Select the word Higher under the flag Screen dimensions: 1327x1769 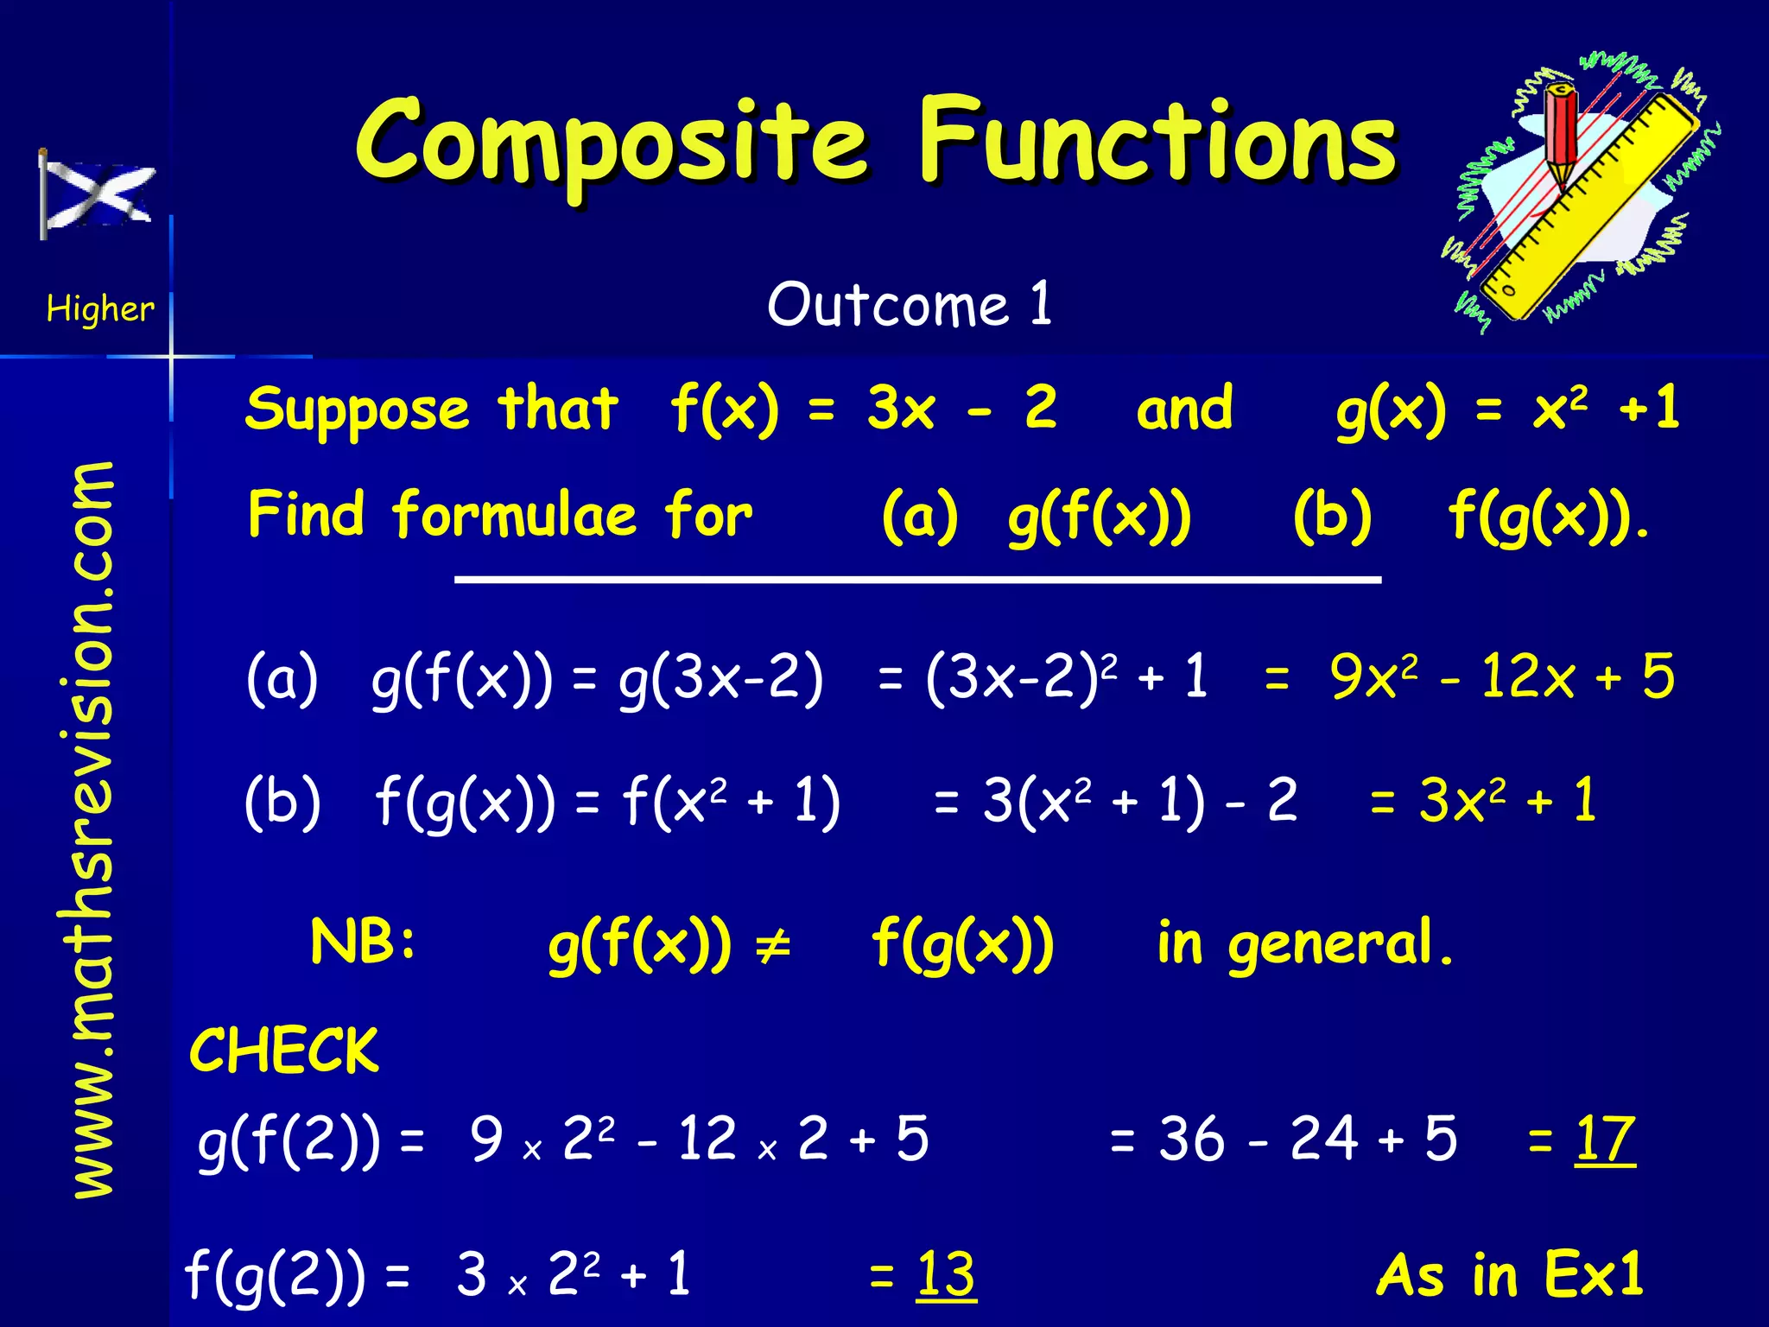click(x=100, y=308)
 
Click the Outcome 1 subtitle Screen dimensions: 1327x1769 click(x=910, y=304)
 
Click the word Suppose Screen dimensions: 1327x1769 click(x=357, y=409)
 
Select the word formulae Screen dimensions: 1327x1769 click(x=515, y=515)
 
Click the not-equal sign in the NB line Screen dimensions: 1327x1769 click(x=772, y=944)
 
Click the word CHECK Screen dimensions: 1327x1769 click(x=283, y=1051)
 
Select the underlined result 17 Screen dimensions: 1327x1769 click(x=1604, y=1138)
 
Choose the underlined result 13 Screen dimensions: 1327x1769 click(x=946, y=1273)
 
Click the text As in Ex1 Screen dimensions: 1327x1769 click(x=1509, y=1274)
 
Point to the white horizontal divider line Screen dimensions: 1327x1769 click(x=917, y=580)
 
